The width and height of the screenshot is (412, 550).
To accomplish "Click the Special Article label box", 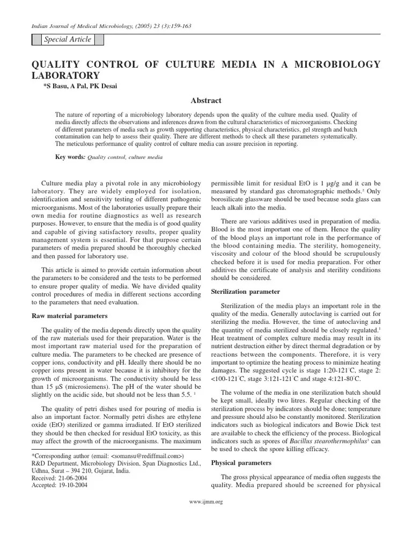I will (68, 40).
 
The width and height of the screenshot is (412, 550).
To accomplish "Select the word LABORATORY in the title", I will (66, 76).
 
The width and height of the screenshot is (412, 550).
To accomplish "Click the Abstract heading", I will (206, 100).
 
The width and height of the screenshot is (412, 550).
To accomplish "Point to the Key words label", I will (70, 157).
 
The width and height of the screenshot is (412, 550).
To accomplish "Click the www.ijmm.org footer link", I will (206, 502).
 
